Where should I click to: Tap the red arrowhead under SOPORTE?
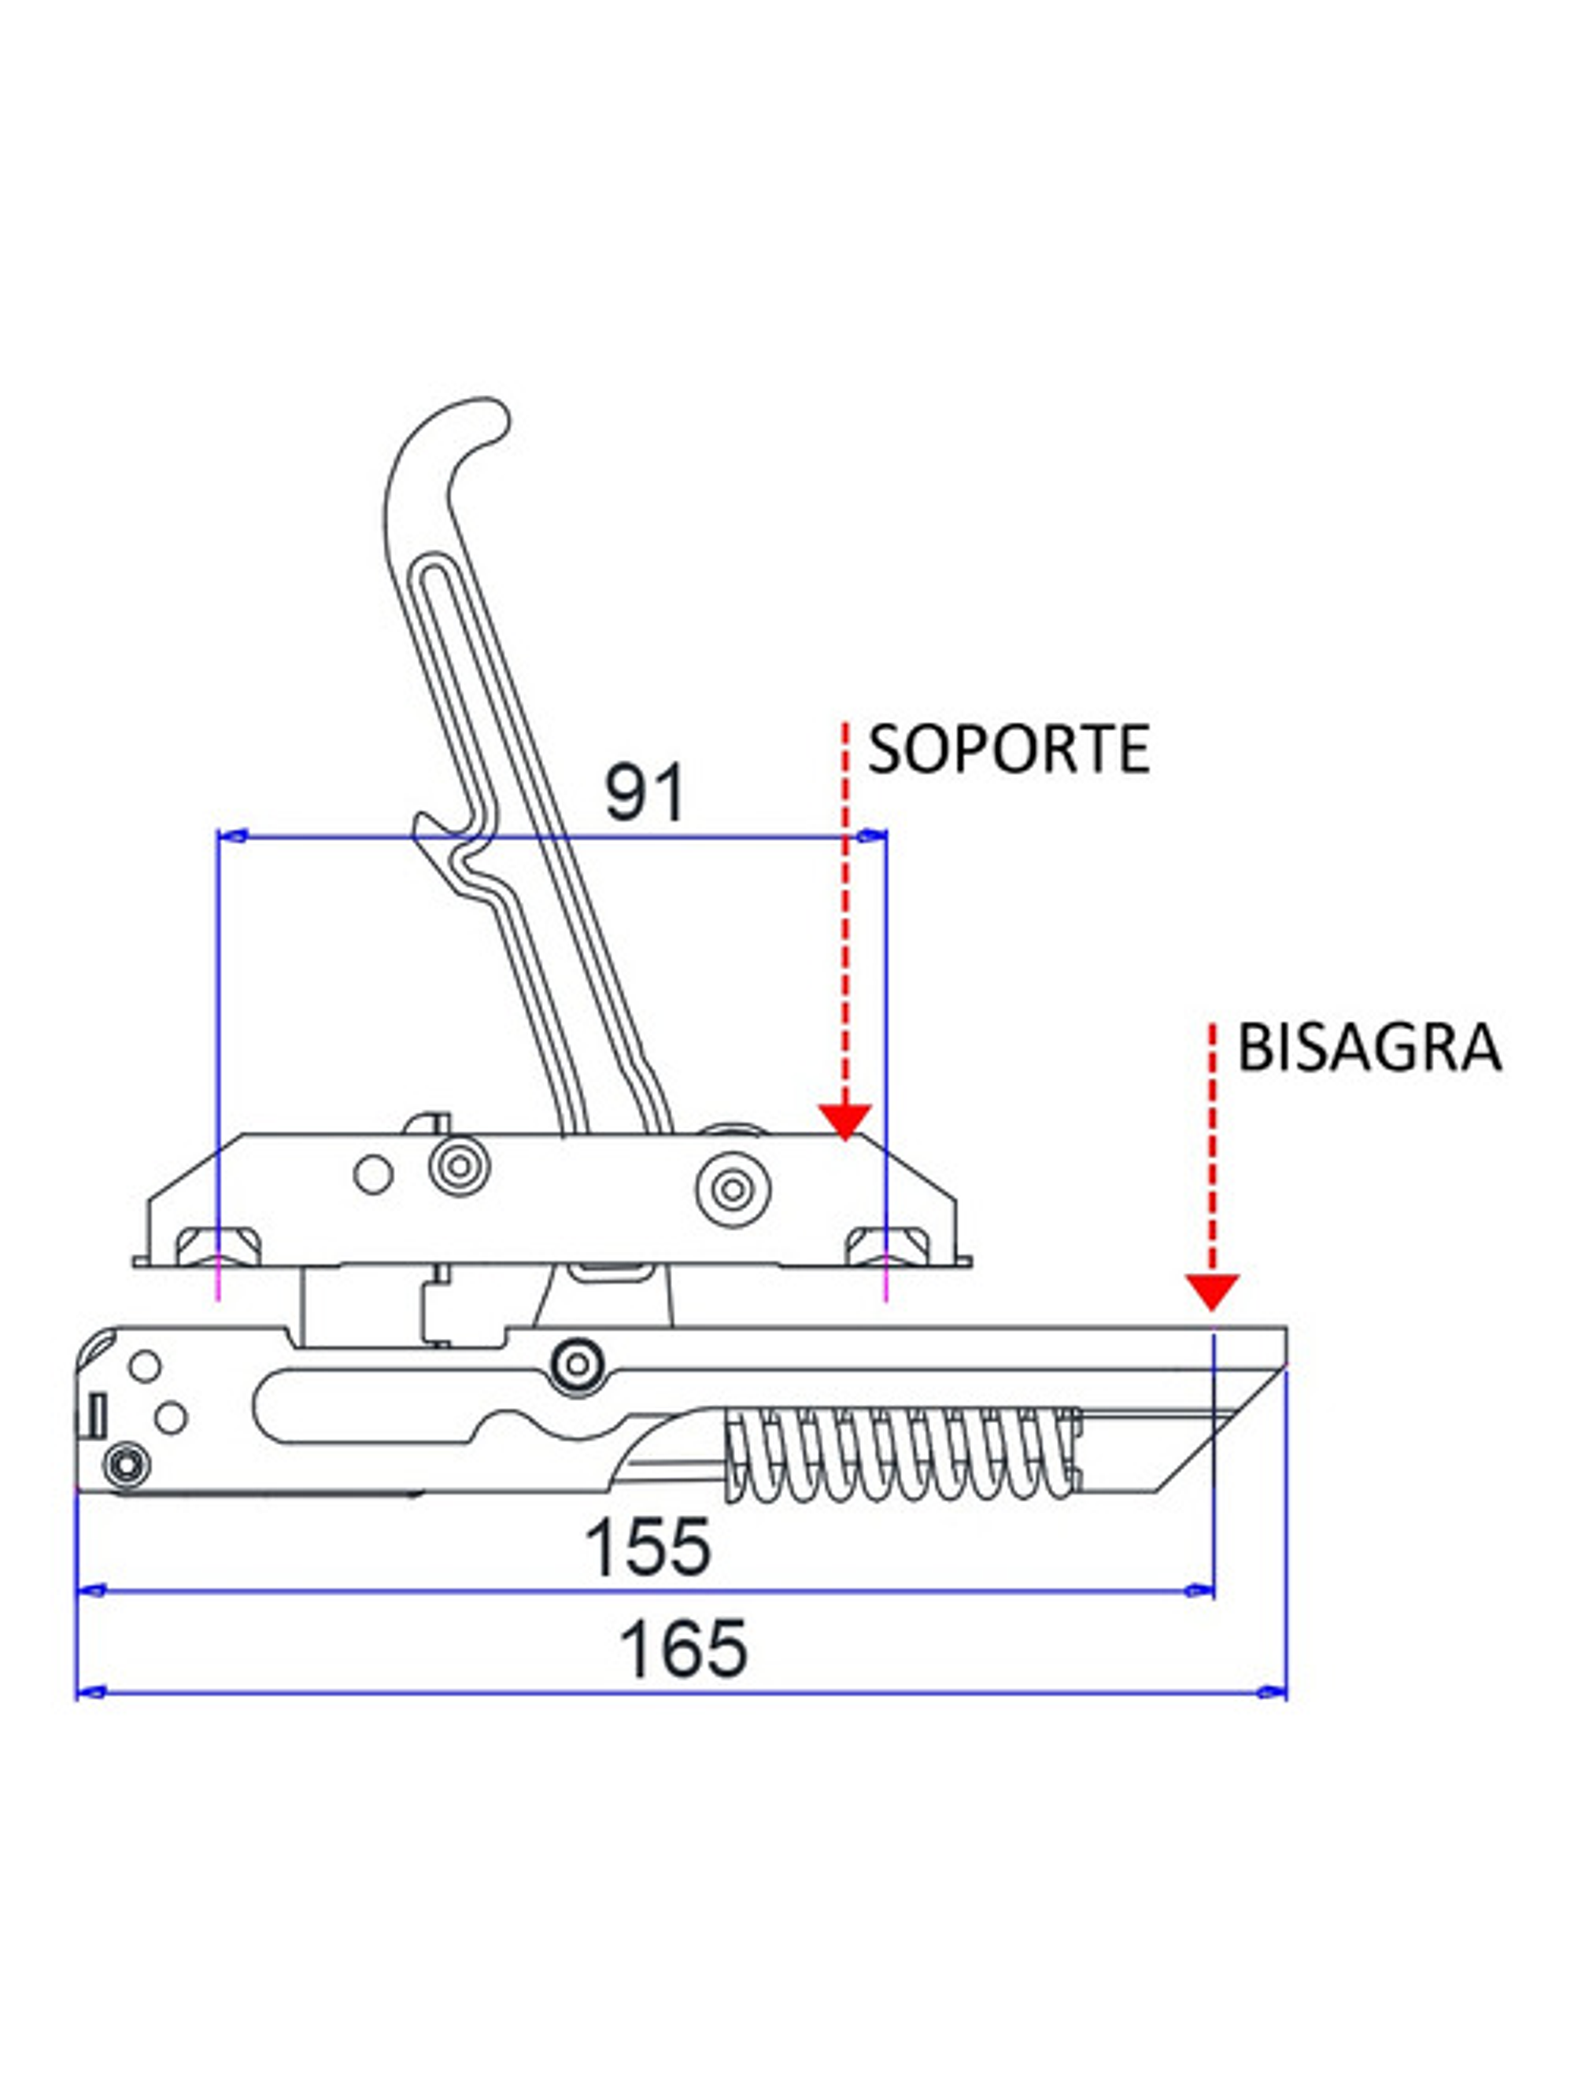coord(844,1122)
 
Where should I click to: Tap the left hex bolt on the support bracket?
coord(219,1245)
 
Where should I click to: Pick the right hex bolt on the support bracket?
coord(885,1245)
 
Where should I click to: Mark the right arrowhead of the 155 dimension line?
coord(1200,1591)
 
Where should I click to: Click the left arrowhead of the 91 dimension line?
coord(234,835)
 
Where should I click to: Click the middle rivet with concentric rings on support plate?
coord(459,1165)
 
